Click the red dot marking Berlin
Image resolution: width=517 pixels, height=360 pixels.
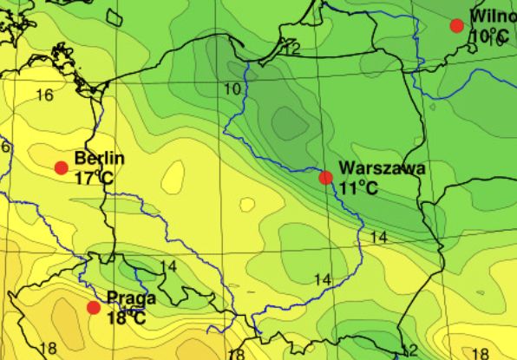(61, 167)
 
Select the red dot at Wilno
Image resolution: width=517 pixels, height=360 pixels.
(457, 26)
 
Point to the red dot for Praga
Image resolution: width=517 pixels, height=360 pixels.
(94, 307)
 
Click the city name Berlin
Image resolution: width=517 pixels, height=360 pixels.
(100, 159)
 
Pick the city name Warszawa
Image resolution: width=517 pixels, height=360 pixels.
(382, 168)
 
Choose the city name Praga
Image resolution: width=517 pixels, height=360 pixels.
(131, 299)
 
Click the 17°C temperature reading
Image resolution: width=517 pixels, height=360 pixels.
(95, 178)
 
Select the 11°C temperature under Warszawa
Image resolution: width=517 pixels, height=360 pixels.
(358, 187)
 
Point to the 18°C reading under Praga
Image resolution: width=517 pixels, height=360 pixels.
(126, 318)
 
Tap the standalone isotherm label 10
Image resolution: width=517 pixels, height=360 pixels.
(232, 88)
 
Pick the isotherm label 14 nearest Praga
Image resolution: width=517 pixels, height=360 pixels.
(168, 266)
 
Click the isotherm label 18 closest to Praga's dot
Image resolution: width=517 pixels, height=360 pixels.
(47, 349)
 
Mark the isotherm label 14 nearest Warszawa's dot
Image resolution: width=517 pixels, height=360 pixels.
(377, 237)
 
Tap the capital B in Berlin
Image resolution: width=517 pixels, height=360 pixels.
(80, 159)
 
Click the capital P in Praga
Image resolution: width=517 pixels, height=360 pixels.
(112, 299)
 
